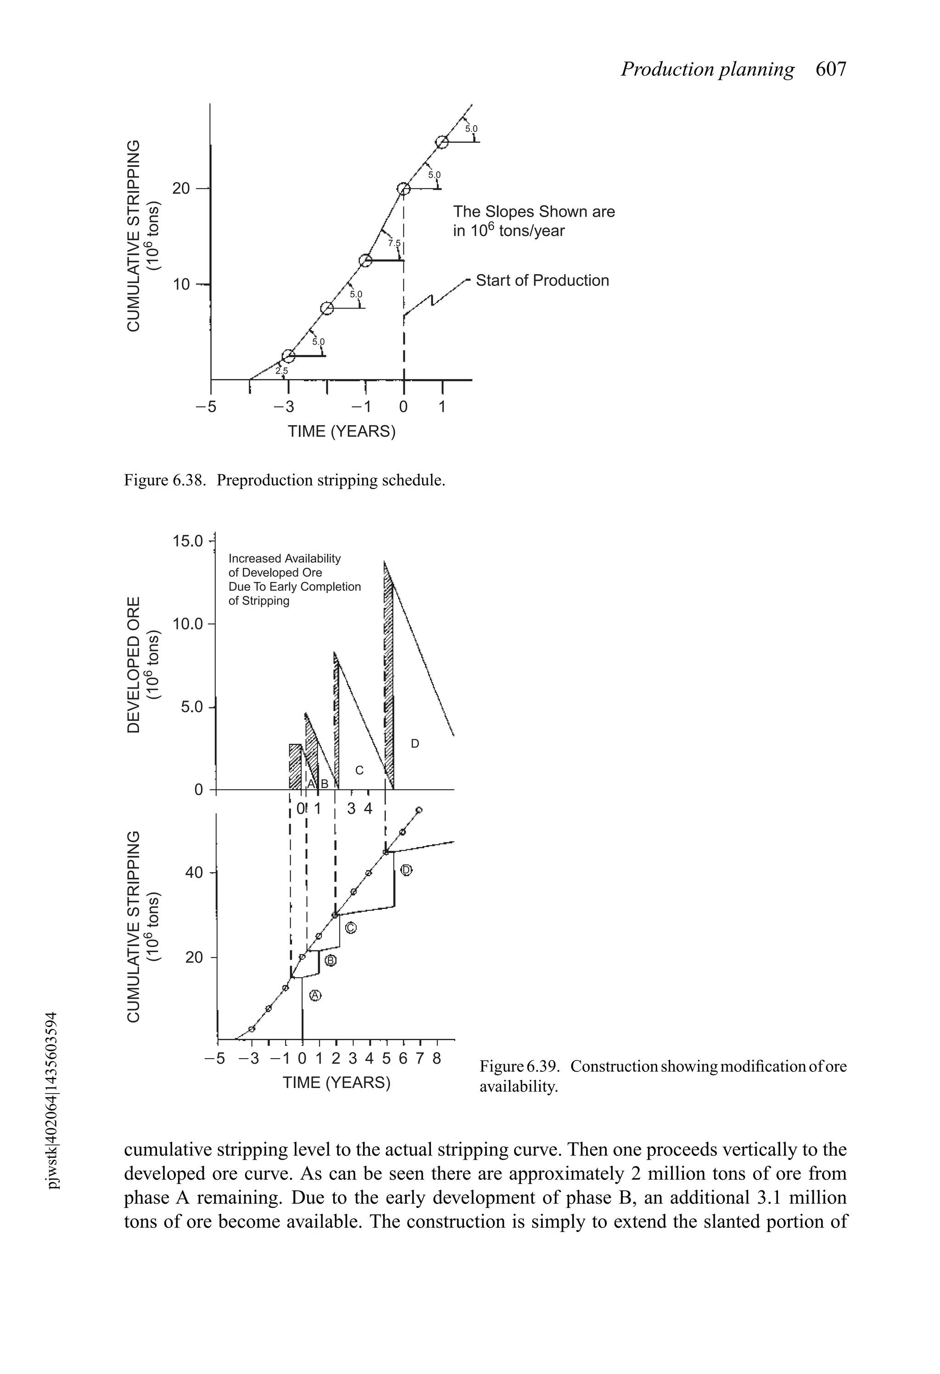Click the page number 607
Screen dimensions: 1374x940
pyautogui.click(x=831, y=70)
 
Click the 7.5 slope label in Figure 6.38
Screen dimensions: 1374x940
pyautogui.click(x=394, y=243)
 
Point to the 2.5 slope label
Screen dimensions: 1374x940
pyautogui.click(x=281, y=370)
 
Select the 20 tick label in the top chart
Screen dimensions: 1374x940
pyautogui.click(x=181, y=189)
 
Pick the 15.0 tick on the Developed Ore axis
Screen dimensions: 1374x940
pyautogui.click(x=187, y=541)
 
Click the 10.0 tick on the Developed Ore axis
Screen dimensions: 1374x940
pyautogui.click(x=187, y=624)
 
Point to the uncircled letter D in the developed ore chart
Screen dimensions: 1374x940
pyautogui.click(x=415, y=743)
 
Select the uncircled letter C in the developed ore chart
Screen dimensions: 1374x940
pyautogui.click(x=359, y=770)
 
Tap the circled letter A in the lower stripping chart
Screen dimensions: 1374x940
pyautogui.click(x=315, y=996)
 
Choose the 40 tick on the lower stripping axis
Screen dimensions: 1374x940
pyautogui.click(x=194, y=873)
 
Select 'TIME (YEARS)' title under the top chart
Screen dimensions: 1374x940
pyautogui.click(x=341, y=432)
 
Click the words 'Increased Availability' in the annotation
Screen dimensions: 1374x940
pyautogui.click(x=285, y=559)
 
